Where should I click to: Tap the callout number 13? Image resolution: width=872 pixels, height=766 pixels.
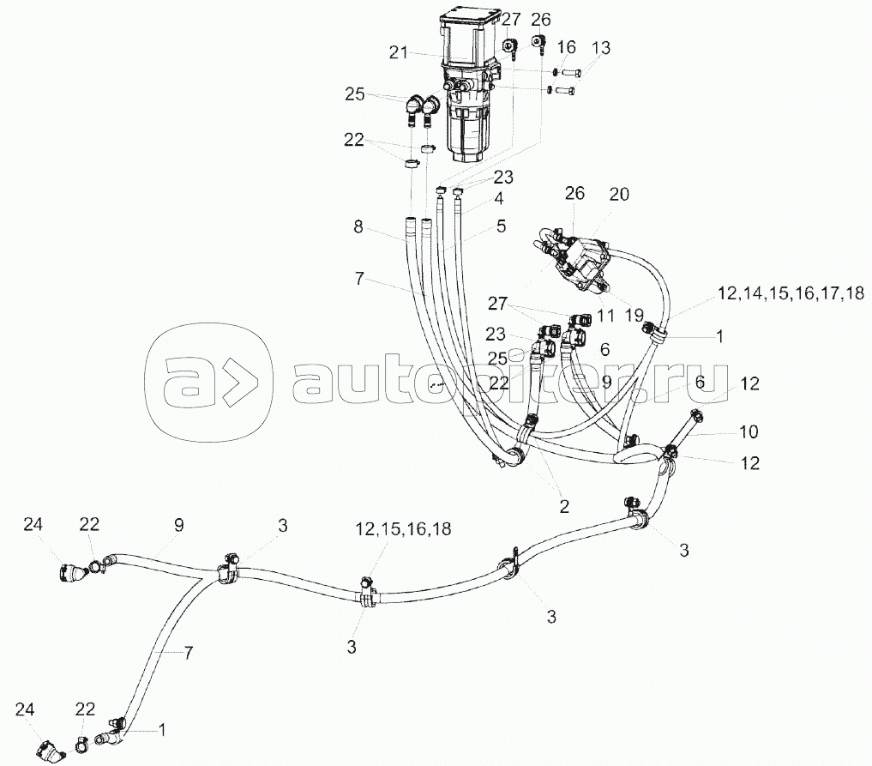click(x=600, y=48)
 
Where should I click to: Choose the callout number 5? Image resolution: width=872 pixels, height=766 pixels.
click(x=501, y=226)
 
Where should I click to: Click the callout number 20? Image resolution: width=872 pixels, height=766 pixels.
click(x=618, y=194)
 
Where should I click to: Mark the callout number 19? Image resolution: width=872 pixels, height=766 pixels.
click(x=634, y=316)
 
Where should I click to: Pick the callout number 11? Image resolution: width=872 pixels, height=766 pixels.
click(x=605, y=316)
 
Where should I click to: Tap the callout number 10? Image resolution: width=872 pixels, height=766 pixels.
click(x=749, y=431)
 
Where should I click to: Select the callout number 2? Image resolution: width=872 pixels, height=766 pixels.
click(x=563, y=506)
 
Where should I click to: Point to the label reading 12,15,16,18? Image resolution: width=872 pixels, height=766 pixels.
click(x=401, y=528)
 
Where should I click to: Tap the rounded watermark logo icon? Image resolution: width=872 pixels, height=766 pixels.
click(x=202, y=378)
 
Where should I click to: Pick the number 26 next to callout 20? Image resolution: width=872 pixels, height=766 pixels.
click(x=574, y=194)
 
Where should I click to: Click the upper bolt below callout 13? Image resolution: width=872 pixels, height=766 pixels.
click(x=569, y=71)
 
